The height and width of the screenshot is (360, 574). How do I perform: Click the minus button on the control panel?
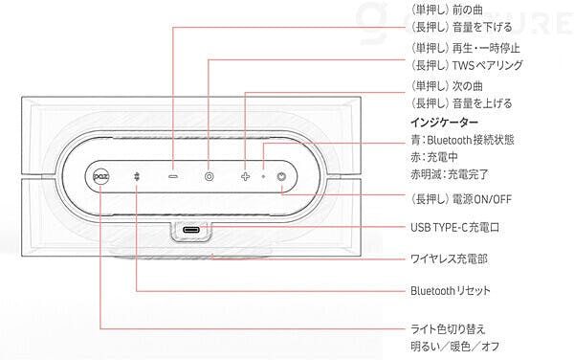(173, 177)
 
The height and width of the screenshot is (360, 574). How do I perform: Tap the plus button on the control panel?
(245, 177)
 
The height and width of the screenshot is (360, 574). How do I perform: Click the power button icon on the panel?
(281, 177)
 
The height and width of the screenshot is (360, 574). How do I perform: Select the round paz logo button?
(99, 177)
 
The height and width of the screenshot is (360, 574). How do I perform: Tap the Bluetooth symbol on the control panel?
(136, 177)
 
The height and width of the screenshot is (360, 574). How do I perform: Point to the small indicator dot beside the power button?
(263, 177)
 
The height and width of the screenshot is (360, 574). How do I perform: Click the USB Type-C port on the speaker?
(191, 231)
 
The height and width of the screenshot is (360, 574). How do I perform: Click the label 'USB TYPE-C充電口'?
(455, 228)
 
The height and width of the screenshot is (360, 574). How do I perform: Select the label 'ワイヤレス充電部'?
(449, 259)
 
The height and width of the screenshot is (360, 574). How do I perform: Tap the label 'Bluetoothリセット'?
(451, 291)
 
